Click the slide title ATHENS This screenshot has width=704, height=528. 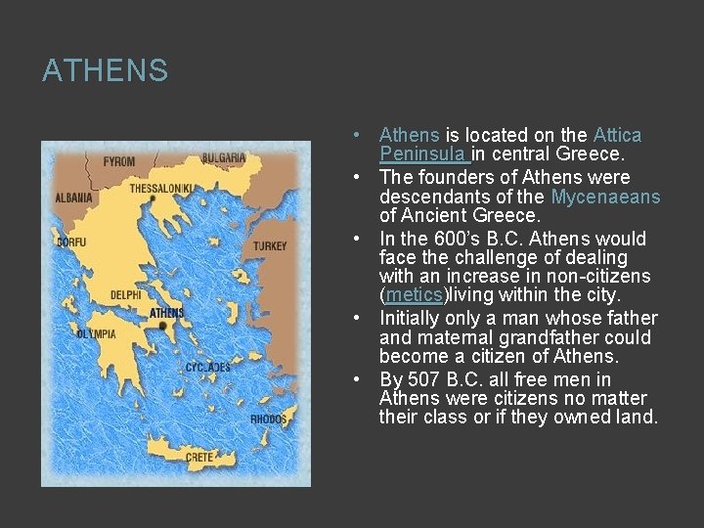pos(105,71)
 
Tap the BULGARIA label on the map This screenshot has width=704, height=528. pos(224,158)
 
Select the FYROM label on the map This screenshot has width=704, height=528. pos(119,161)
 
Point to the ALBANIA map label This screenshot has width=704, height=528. pos(73,198)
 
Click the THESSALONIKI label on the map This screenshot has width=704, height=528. pos(161,187)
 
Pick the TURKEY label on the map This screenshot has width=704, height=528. pos(270,246)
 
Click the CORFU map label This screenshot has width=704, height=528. pos(70,241)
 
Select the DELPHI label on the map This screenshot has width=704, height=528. pos(125,294)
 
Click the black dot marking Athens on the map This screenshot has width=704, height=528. pos(162,325)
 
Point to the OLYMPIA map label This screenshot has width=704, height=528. pos(97,334)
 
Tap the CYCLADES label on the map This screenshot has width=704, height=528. pos(207,368)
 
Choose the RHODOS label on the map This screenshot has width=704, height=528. pos(268,418)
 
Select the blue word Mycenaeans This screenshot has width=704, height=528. pos(605,198)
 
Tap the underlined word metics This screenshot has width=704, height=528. pos(414,295)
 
